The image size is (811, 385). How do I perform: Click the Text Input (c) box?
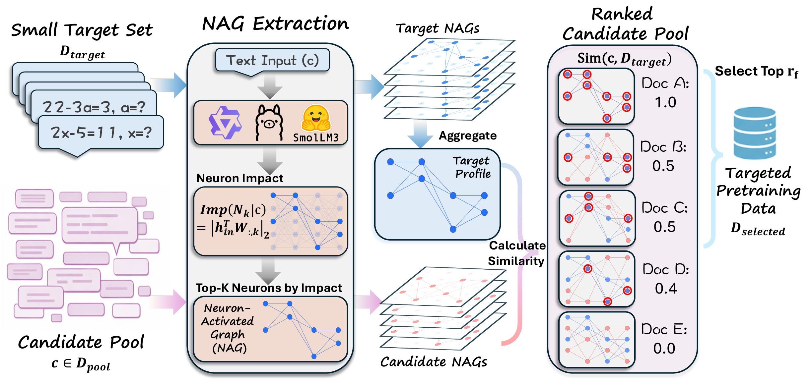pos(272,61)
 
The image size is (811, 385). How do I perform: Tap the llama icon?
pos(269,123)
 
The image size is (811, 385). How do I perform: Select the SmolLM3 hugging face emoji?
pos(315,118)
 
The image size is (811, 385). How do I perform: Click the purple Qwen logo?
pos(225,123)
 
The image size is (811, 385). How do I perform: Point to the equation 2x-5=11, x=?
pos(101,133)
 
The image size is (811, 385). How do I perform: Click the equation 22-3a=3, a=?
pos(94,107)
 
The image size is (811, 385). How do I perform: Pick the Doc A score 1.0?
pos(665,102)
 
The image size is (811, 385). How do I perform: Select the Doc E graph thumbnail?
pos(597,340)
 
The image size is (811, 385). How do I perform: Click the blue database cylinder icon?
pos(755,133)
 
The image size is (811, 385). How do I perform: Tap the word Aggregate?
pos(467,136)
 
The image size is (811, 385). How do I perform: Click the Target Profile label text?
pos(472,167)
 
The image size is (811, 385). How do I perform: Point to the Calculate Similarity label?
pos(516,253)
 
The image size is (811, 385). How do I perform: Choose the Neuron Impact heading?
pos(239,178)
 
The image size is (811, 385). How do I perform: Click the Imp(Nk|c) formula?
pos(233,220)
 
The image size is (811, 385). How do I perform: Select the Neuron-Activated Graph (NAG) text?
pos(228,328)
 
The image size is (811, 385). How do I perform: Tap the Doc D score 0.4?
pos(665,289)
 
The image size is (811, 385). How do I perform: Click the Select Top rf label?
pos(756,72)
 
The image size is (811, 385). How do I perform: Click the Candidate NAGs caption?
pos(433,362)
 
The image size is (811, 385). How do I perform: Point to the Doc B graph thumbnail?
pos(596,157)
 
